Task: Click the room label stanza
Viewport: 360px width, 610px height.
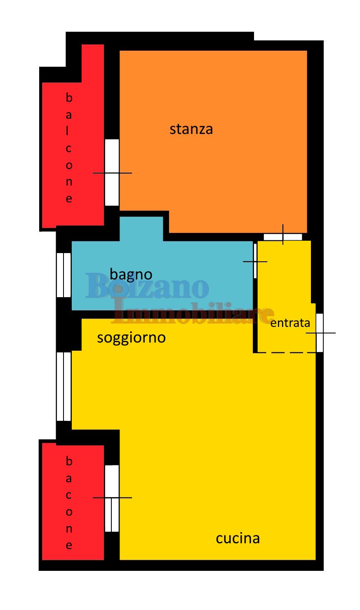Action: tap(191, 129)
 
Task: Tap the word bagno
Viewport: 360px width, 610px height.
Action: tap(131, 274)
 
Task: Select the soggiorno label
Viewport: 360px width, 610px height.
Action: tap(132, 338)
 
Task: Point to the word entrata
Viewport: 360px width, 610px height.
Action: tap(290, 323)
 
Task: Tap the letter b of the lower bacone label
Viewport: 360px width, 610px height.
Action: tap(69, 461)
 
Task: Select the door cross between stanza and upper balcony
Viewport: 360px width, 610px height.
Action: tap(112, 173)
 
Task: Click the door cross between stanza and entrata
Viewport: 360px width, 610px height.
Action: tap(283, 235)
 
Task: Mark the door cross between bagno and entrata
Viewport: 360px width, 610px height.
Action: tap(255, 261)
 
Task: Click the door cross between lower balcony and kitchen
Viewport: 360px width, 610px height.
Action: tap(112, 498)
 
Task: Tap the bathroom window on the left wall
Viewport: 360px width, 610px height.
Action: tap(64, 275)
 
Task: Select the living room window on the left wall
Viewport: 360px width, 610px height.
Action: tap(64, 387)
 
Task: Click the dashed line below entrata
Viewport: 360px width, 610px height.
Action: tap(287, 353)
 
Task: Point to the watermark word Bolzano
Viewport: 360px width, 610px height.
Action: tap(147, 286)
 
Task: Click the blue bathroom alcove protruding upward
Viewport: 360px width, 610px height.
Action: tap(141, 229)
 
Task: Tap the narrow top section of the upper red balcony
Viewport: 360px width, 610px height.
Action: tap(93, 63)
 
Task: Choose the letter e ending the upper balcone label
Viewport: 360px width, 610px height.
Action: tap(69, 199)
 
